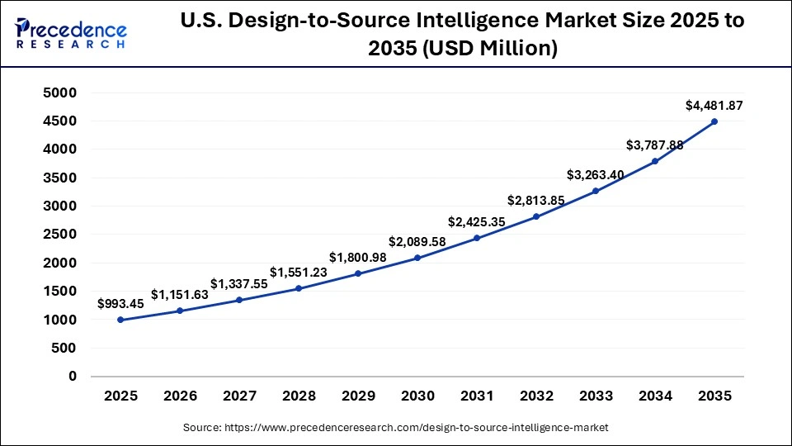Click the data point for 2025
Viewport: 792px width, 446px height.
(120, 320)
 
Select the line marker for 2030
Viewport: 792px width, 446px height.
(417, 258)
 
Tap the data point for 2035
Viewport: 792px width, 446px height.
(714, 121)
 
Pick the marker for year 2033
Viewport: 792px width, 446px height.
(596, 191)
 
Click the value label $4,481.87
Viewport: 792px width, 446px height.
(714, 105)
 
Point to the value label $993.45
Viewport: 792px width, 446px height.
(120, 303)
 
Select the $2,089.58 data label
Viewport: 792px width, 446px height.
(417, 241)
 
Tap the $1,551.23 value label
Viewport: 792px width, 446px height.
(299, 272)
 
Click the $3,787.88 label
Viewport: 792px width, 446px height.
(655, 145)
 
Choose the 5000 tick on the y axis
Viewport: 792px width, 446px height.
(60, 93)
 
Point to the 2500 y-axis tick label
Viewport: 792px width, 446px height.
(60, 235)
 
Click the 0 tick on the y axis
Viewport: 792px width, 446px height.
(73, 376)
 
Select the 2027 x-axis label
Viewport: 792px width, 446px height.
(239, 396)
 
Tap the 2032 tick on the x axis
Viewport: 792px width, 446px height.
(536, 396)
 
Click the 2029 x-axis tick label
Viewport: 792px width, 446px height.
(358, 396)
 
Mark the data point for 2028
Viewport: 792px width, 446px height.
(299, 288)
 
